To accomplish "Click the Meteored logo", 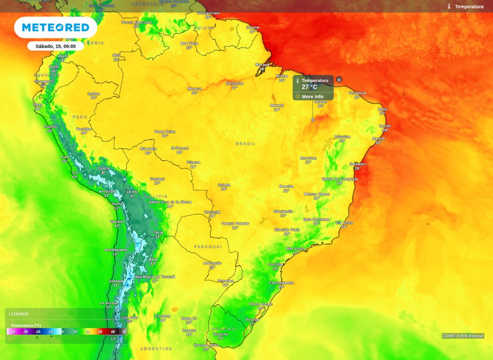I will point(55,27).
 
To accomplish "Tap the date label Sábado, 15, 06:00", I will point(55,46).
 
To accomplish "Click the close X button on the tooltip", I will point(339,79).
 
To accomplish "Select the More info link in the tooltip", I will point(312,97).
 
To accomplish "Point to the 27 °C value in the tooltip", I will point(310,87).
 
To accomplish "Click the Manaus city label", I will point(195,89).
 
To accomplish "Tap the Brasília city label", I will point(286,186).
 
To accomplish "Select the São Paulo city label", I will point(296,249).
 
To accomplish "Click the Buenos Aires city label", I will point(207,345).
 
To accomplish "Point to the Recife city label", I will point(385,126).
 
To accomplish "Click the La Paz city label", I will point(132,192).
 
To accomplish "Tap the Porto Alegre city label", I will point(261,304).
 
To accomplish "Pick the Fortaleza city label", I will point(357,93).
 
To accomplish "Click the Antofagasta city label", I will point(116,250).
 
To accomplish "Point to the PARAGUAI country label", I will point(208,246).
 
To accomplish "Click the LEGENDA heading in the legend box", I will point(19,314).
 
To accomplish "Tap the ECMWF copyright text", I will point(463,336).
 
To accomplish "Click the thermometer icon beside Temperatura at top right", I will point(449,7).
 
